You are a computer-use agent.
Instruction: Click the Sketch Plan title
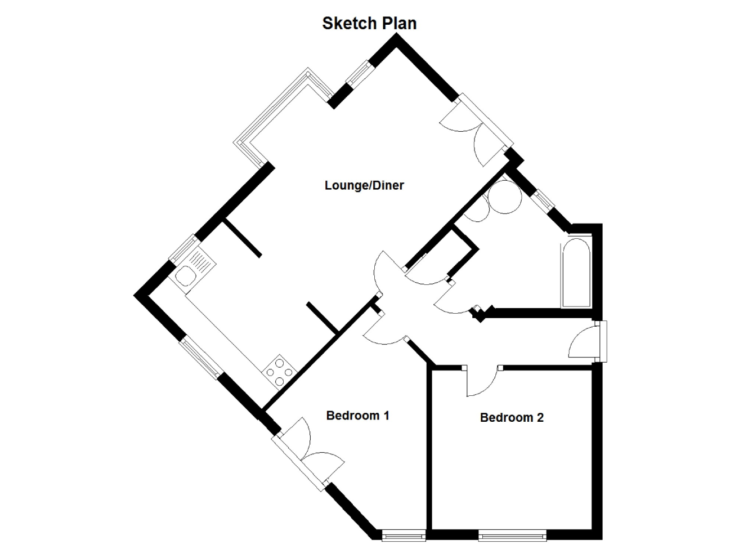click(369, 23)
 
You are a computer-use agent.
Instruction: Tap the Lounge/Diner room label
click(364, 185)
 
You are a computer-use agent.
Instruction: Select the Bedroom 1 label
click(357, 416)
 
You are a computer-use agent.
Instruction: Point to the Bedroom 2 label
click(512, 417)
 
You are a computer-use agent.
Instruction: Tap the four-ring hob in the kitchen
click(279, 372)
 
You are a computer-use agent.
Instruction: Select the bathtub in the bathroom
click(575, 274)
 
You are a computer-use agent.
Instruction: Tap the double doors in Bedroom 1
click(307, 451)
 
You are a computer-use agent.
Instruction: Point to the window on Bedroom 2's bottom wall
click(512, 535)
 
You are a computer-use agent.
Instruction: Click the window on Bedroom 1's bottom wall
click(404, 535)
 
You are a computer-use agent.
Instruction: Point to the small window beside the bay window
click(358, 74)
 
